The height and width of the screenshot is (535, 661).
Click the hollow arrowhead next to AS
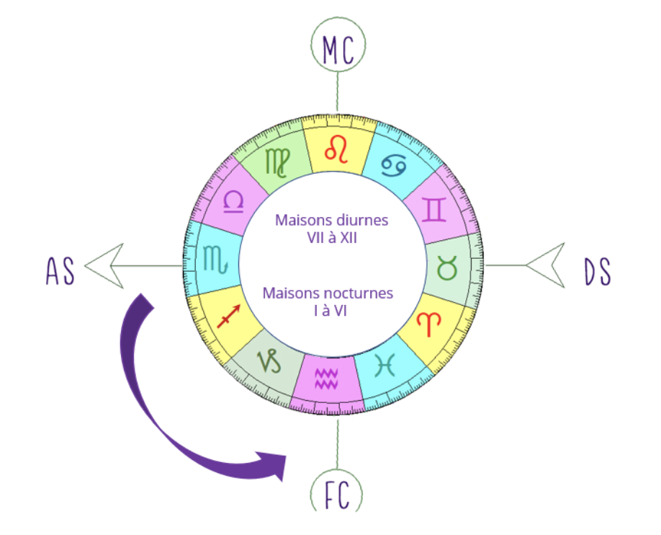pyautogui.click(x=105, y=265)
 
